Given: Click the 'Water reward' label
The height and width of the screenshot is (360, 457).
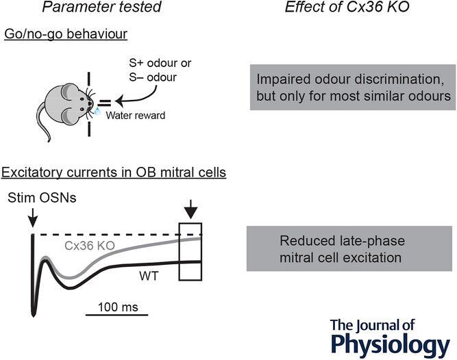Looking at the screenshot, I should (134, 116).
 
